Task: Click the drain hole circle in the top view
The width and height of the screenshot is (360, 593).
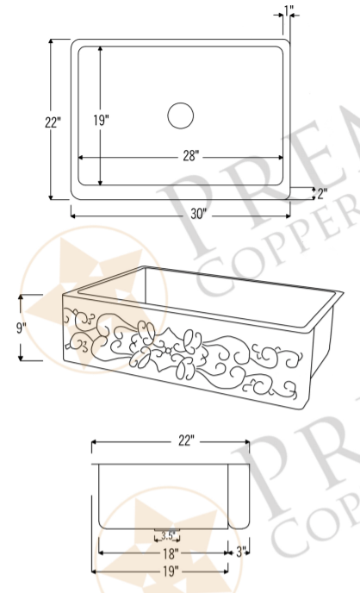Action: click(x=181, y=115)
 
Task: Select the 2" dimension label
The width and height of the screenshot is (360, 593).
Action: click(x=321, y=193)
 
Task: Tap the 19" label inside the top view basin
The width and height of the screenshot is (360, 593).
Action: click(x=101, y=120)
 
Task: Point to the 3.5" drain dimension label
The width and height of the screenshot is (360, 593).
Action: click(x=168, y=535)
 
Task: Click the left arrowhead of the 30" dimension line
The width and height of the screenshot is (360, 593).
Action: click(x=73, y=214)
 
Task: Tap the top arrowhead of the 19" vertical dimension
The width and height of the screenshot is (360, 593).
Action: click(x=101, y=49)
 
